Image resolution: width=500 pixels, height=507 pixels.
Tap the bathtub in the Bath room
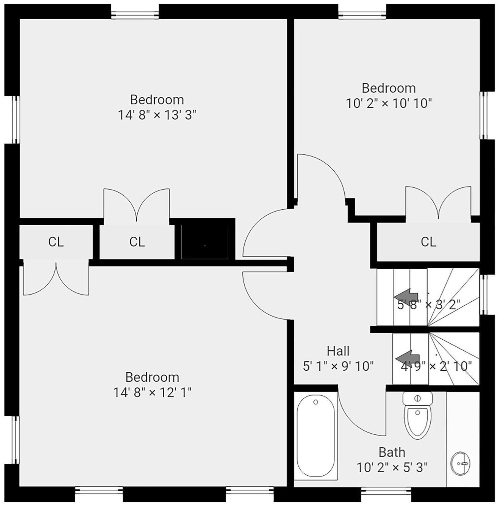tap(316, 436)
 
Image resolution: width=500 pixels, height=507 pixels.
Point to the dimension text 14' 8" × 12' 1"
tap(152, 392)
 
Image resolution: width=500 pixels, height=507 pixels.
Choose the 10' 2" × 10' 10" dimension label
tap(389, 103)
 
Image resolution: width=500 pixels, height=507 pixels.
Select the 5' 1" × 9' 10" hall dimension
tap(338, 366)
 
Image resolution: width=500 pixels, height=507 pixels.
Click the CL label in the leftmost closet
tap(56, 242)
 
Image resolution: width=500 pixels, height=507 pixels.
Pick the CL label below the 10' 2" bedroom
tap(428, 242)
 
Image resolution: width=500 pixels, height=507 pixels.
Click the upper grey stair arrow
tap(406, 295)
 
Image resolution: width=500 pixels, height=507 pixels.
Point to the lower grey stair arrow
tap(408, 357)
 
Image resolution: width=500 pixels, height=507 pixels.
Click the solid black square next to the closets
tap(205, 242)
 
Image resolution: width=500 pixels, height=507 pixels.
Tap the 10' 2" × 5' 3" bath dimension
tap(392, 467)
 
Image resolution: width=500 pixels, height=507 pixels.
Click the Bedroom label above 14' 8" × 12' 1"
tap(152, 377)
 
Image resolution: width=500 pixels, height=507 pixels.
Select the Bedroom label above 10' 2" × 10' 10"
tap(389, 88)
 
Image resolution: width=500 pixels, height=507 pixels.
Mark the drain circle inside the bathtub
tap(316, 402)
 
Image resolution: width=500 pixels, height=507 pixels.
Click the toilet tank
tap(417, 399)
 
